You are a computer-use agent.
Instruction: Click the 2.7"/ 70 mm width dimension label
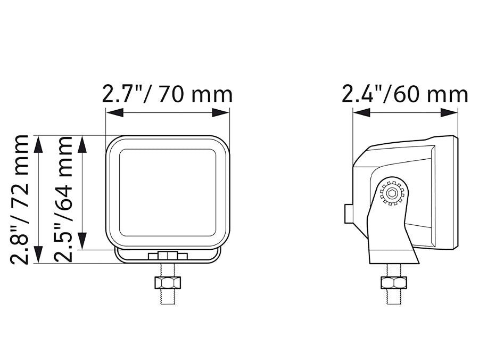pos(167,94)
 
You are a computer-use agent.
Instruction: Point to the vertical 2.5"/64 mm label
pos(63,199)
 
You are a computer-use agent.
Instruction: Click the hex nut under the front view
pos(168,283)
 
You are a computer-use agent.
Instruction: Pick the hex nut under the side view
pos(393,282)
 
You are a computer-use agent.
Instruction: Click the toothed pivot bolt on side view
pos(392,193)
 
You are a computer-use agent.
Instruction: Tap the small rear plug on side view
pos(349,214)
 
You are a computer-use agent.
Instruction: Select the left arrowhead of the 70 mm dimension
pos(114,112)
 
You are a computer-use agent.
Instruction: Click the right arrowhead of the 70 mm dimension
pos(220,112)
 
